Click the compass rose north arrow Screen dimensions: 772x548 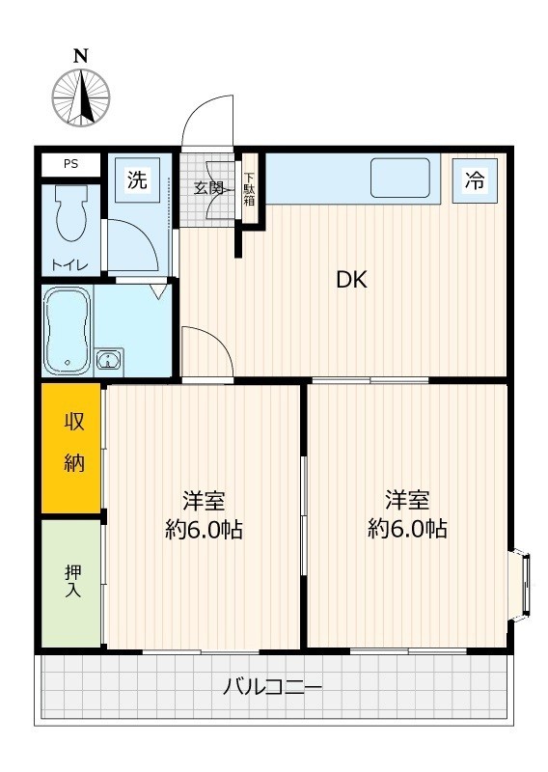pyautogui.click(x=81, y=97)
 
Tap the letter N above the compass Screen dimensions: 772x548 pyautogui.click(x=81, y=55)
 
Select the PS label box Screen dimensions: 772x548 pyautogui.click(x=70, y=164)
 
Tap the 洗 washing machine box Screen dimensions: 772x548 pyautogui.click(x=138, y=179)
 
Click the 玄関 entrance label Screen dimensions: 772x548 pyautogui.click(x=209, y=188)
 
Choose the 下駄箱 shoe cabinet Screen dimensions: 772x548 pyautogui.click(x=249, y=189)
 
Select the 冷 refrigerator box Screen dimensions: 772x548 pyautogui.click(x=475, y=179)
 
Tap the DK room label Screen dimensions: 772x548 pyautogui.click(x=351, y=281)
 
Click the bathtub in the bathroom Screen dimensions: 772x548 pyautogui.click(x=68, y=330)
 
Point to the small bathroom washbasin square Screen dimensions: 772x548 pyautogui.click(x=109, y=362)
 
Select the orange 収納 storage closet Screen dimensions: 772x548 pyautogui.click(x=71, y=448)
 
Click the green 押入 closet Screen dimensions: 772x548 pyautogui.click(x=71, y=583)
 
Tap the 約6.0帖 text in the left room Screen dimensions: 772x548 pyautogui.click(x=204, y=530)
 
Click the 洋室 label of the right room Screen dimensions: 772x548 pyautogui.click(x=407, y=500)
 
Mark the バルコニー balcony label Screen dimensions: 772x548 pyautogui.click(x=272, y=688)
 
